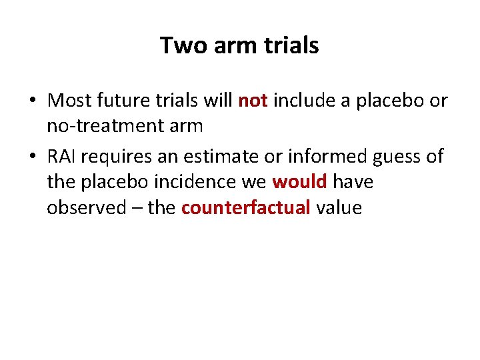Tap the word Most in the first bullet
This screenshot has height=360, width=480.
tap(70, 101)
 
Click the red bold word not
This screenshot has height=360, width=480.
tap(253, 101)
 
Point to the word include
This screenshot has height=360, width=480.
tap(303, 101)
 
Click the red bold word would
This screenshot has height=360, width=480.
tap(299, 182)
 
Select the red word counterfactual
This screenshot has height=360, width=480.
tap(245, 208)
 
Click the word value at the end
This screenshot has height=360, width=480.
tap(339, 208)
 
